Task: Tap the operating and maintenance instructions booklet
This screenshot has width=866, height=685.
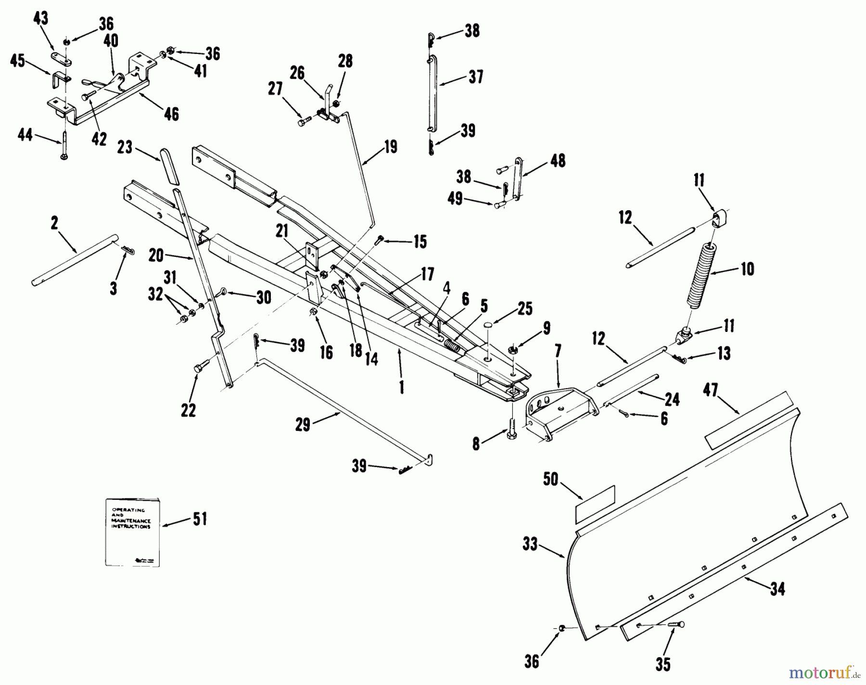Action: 132,532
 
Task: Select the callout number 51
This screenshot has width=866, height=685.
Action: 200,519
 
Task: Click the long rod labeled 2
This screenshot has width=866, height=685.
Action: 75,258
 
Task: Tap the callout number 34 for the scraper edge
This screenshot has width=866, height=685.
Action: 777,588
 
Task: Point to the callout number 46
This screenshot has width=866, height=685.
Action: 171,114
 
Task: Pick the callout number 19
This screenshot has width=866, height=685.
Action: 390,147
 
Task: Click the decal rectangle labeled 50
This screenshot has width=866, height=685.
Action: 595,504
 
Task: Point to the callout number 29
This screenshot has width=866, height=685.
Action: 303,425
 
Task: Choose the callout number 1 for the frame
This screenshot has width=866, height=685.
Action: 402,387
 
